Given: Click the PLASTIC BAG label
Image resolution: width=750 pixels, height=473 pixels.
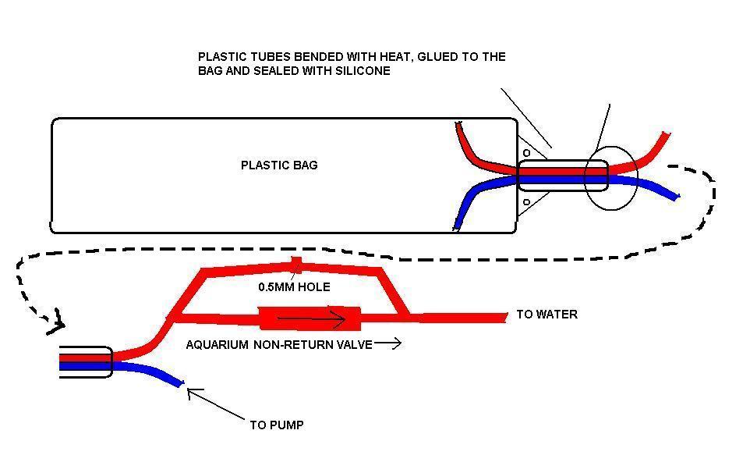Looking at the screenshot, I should coord(279,165).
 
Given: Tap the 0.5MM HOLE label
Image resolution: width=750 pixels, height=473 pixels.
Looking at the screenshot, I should coord(294,287).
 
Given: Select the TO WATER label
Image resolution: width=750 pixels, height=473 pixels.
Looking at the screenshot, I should coord(547,315).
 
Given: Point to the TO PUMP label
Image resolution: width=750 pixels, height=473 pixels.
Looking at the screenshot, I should coord(277,425).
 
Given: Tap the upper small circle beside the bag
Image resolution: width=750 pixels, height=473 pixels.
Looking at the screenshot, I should coord(527,153).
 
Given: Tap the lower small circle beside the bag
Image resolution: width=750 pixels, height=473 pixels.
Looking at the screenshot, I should coord(527,203).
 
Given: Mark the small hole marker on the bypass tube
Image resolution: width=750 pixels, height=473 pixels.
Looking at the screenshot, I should coord(296,264).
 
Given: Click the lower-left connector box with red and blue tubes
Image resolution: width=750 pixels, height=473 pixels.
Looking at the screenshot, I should coord(86,362).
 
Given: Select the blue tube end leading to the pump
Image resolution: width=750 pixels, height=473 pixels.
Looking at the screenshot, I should coord(179,382).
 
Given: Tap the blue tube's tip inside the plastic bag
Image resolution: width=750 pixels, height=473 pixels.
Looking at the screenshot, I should coord(457,227).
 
